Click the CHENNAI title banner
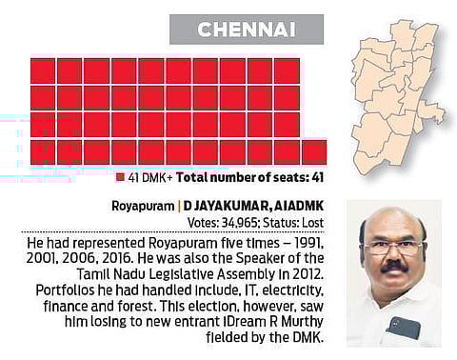pos(246,30)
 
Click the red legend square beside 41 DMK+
pos(120,176)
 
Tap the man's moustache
pos(393,268)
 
